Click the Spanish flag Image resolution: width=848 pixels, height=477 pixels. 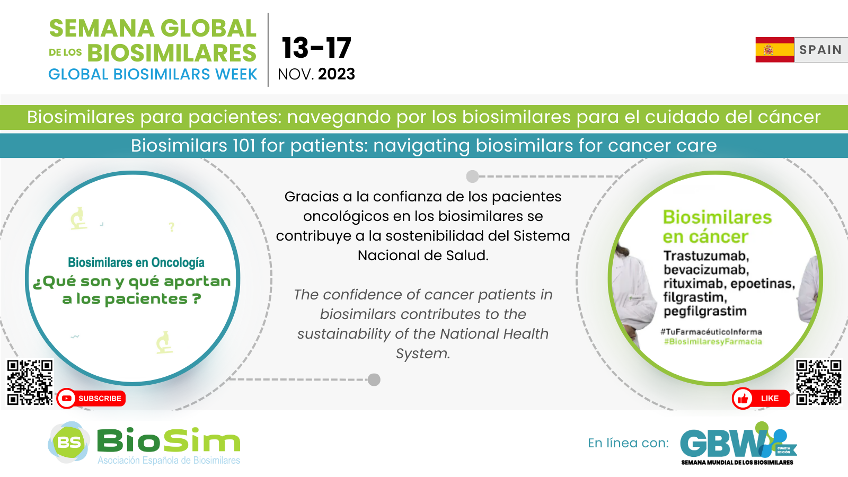click(x=774, y=50)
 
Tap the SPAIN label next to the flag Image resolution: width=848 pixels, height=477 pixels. click(x=820, y=50)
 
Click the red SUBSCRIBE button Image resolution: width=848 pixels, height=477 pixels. click(x=91, y=398)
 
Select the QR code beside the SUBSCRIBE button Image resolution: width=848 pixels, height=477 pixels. click(x=30, y=382)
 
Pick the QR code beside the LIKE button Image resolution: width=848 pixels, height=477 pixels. click(x=818, y=382)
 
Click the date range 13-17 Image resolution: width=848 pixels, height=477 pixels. click(x=316, y=48)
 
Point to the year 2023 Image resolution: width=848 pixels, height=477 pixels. click(x=337, y=74)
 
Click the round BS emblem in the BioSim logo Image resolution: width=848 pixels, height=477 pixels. click(x=69, y=442)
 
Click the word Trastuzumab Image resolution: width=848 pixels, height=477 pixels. click(x=706, y=256)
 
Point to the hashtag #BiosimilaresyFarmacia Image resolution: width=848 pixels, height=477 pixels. click(x=713, y=341)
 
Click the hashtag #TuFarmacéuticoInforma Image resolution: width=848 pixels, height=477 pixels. click(x=711, y=332)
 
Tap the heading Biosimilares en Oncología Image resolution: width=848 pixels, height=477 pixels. click(x=136, y=262)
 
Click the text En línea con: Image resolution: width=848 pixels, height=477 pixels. click(x=629, y=443)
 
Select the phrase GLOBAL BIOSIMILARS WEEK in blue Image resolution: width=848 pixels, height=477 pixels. click(x=153, y=74)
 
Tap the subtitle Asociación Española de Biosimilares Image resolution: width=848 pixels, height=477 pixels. click(x=169, y=461)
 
